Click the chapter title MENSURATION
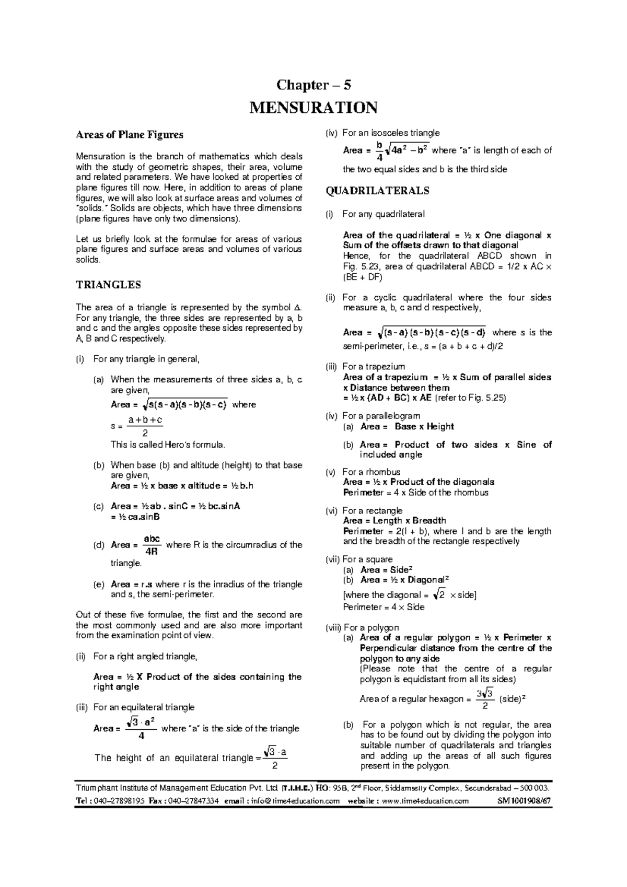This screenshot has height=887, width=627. coord(313,108)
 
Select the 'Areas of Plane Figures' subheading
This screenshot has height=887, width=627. coord(130,134)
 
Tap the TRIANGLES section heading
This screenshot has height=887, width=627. coord(109,285)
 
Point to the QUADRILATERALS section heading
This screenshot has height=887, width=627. coord(377,191)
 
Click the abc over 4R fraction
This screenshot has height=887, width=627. coord(152,544)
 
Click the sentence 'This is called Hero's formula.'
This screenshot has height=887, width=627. coord(168,445)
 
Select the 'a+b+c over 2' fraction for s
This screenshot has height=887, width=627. coord(145,426)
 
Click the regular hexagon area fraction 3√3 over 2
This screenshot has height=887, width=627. coord(485,699)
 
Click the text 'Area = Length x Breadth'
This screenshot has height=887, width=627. coord(394,521)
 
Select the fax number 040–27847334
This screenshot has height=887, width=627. coord(191,801)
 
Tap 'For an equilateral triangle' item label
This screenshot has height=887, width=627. coord(143,707)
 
